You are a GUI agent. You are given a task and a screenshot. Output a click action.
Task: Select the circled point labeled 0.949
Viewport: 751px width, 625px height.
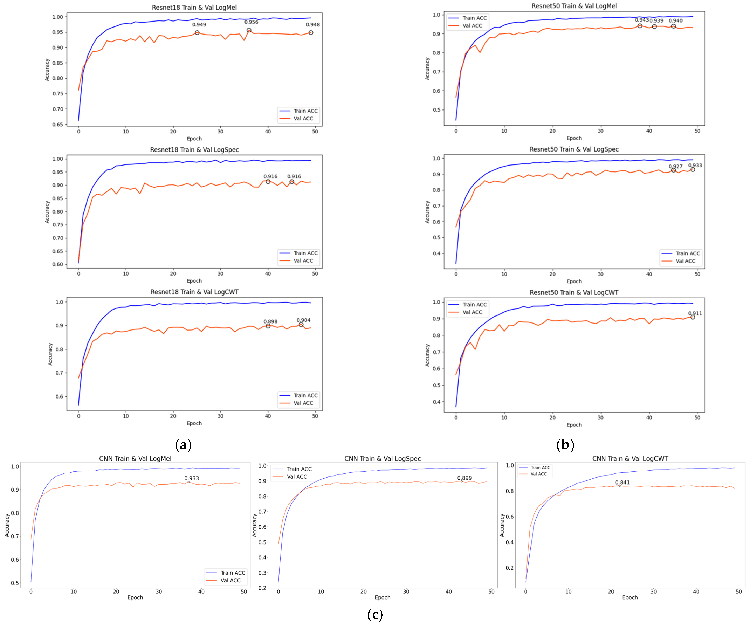[x=197, y=33]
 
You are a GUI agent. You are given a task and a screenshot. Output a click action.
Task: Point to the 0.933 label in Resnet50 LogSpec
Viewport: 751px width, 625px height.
[x=695, y=165]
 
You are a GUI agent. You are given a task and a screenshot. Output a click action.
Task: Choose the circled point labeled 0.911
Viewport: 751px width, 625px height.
[x=693, y=317]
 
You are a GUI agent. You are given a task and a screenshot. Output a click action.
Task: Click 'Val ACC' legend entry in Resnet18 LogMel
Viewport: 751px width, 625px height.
[x=303, y=118]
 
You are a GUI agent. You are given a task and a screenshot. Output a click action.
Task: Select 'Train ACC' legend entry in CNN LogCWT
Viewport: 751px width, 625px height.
[x=540, y=468]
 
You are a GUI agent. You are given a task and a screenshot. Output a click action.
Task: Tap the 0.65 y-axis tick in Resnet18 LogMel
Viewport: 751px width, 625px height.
[x=58, y=125]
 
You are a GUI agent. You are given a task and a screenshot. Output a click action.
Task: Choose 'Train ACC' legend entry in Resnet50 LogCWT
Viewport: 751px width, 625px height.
[x=474, y=304]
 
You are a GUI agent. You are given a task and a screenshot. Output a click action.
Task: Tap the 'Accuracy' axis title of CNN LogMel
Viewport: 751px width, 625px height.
[x=7, y=525]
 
